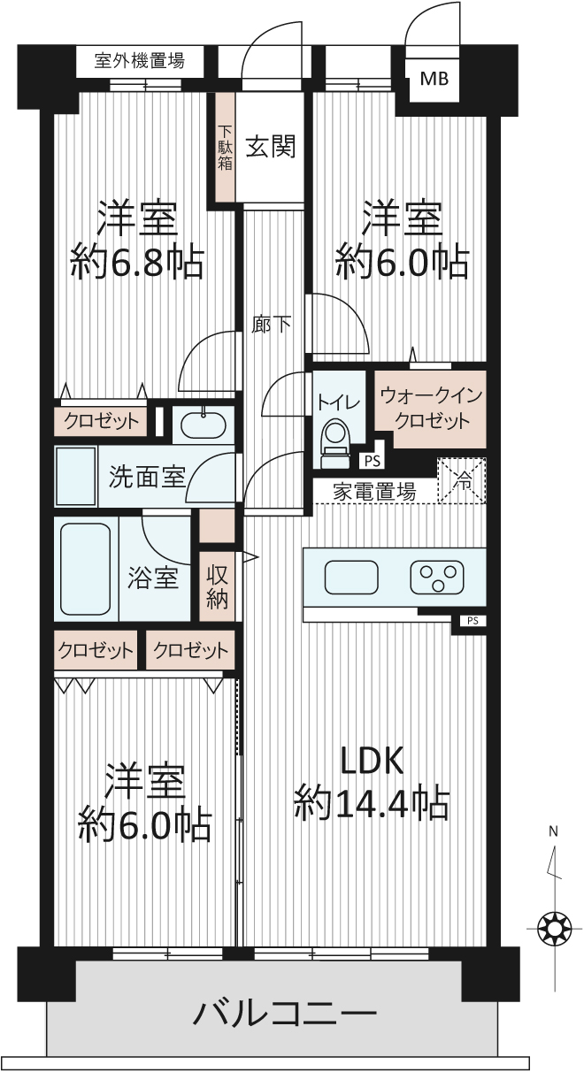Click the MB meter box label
click(x=434, y=78)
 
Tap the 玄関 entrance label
click(x=271, y=146)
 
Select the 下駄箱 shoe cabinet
click(x=225, y=147)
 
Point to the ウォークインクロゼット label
click(x=431, y=409)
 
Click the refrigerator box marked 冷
click(x=463, y=480)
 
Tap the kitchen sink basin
click(x=351, y=578)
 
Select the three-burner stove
click(x=437, y=578)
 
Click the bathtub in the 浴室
click(x=86, y=569)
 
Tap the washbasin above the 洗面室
click(x=204, y=425)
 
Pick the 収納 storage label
click(x=217, y=587)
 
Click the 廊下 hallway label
click(x=272, y=325)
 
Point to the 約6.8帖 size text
click(x=138, y=264)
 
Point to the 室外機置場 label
click(x=140, y=61)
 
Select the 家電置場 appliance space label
click(x=374, y=492)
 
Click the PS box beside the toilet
click(x=373, y=461)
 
